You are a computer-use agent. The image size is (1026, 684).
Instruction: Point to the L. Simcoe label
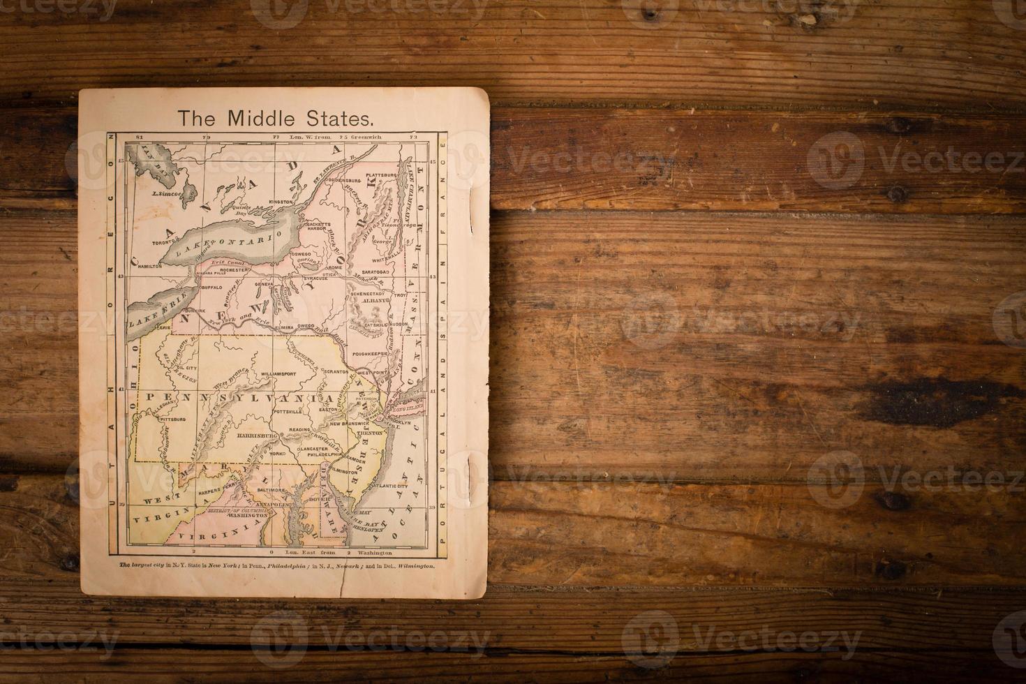[167, 193]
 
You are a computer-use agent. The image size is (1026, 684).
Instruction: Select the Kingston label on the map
[281, 201]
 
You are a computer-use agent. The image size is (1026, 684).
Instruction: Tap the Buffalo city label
[211, 287]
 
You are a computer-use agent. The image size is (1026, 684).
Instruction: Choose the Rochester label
[233, 269]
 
